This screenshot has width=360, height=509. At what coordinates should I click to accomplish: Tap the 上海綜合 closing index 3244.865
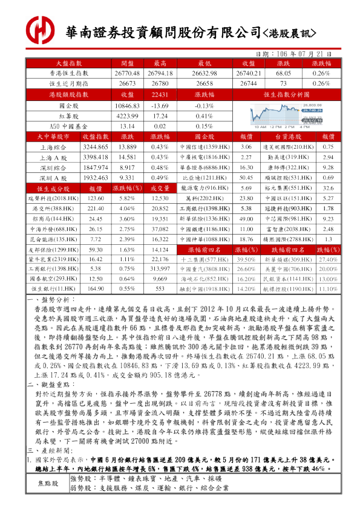[x=95, y=147]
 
